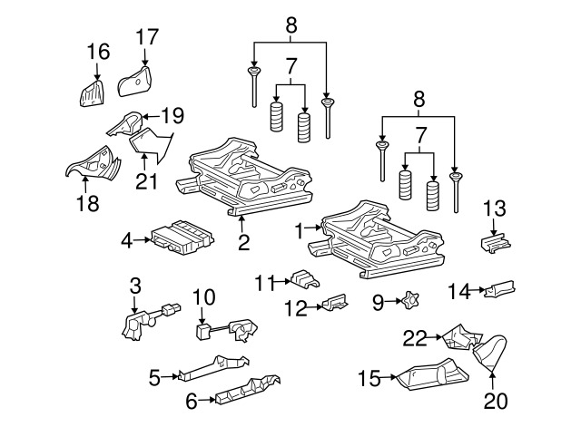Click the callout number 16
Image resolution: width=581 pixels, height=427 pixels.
97,52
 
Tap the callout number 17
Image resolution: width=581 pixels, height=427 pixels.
147,37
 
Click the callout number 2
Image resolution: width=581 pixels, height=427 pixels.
243,242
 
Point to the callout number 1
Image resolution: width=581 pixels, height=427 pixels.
300,231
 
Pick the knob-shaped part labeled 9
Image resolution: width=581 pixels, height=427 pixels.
409,299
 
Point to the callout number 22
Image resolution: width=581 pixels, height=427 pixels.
415,338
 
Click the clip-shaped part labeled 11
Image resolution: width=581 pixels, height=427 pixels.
306,278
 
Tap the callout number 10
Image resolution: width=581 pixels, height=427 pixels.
203,296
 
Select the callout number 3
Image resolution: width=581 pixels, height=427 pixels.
135,286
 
